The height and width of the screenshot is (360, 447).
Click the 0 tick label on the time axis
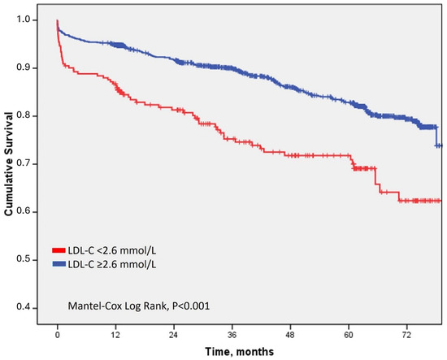(58, 335)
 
